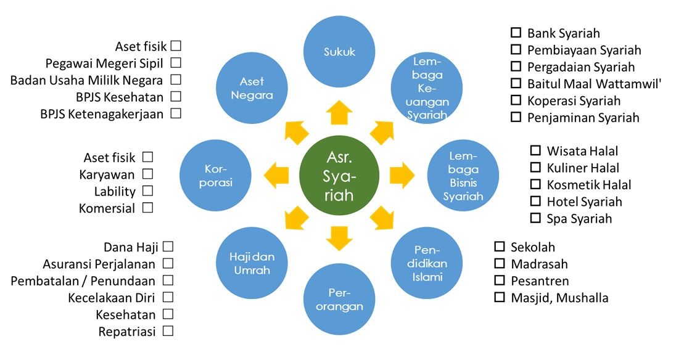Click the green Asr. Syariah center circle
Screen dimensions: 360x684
[339, 176]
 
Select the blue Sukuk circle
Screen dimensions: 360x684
[339, 52]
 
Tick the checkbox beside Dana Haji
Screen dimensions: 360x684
[168, 247]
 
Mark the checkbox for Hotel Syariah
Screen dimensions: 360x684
[535, 201]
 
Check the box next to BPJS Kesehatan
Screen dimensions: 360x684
[176, 96]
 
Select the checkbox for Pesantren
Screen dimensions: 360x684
[500, 281]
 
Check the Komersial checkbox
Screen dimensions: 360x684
[147, 208]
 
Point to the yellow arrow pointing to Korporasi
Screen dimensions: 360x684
[276, 175]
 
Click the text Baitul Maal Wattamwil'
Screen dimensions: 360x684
[594, 84]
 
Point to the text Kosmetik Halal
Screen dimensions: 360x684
[588, 184]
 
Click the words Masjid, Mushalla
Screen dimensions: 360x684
[559, 298]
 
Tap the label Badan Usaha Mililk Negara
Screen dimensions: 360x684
[86, 80]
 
